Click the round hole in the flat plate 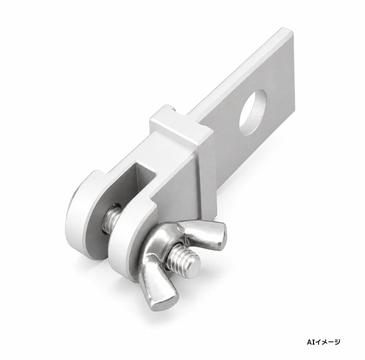tap(253, 113)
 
